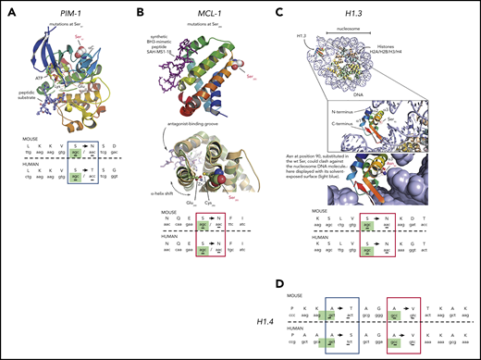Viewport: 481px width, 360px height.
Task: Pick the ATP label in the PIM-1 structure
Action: pos(30,88)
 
